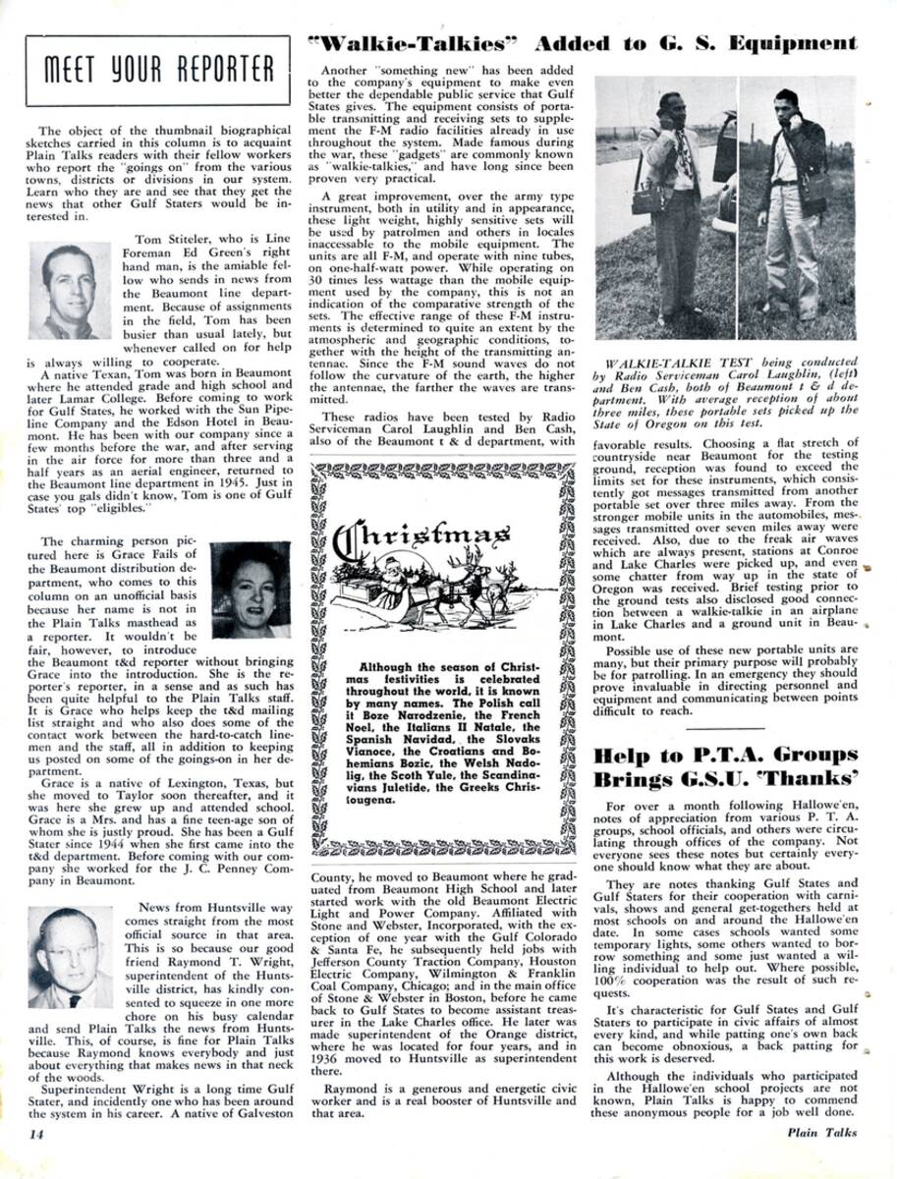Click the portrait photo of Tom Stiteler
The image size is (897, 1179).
coord(70,292)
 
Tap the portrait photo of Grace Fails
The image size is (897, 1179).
coord(251,589)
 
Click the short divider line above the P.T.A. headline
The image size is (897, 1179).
coord(725,728)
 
